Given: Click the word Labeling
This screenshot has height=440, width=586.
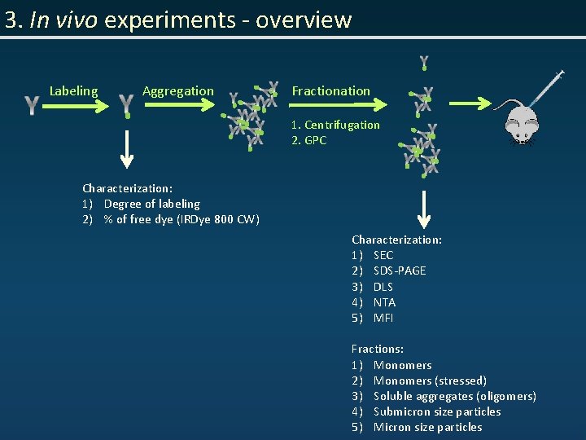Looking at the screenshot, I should pos(73,91).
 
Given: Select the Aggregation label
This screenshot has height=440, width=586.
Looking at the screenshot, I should pos(178,91).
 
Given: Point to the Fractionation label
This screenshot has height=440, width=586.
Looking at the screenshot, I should pos(330,91).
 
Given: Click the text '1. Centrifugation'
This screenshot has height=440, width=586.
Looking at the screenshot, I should pos(335,125).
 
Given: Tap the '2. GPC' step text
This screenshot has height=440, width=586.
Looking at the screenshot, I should pos(309,140).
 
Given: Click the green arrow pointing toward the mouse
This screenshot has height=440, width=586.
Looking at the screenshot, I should pos(475,103).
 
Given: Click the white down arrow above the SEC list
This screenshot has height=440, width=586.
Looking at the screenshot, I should pos(423,208).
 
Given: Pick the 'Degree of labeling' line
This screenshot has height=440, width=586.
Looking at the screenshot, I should pos(151,204).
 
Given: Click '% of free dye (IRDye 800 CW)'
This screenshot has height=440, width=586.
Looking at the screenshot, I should pos(181,219).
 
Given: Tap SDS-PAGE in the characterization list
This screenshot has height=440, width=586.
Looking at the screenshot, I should pos(399,271).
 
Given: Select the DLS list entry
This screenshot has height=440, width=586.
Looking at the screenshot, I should pos(383,287).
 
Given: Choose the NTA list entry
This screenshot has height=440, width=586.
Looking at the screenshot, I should pos(384,302).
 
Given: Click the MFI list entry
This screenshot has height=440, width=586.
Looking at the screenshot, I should pos(383,318).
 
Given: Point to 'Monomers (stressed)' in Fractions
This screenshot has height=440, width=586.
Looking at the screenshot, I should pos(430,381).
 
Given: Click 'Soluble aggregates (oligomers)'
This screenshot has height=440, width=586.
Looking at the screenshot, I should pos(454,396).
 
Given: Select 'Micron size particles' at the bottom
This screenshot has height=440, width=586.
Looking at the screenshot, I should pos(427,427).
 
